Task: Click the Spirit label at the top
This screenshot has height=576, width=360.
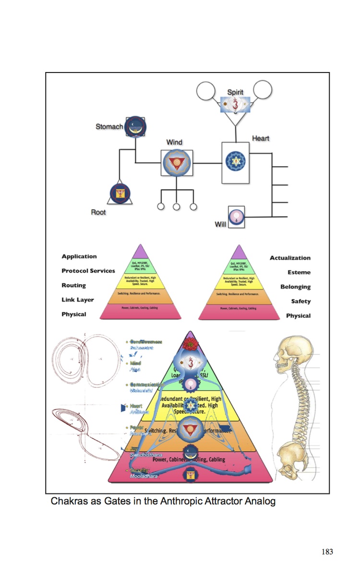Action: [235, 92]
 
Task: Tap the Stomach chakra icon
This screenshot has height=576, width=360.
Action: [135, 126]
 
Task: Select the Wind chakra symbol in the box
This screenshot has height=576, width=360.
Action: [177, 163]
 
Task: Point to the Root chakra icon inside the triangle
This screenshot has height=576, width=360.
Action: [120, 194]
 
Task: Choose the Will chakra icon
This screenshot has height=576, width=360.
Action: [236, 217]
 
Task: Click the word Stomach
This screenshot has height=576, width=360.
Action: [109, 127]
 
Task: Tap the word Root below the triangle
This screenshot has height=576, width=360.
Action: [98, 212]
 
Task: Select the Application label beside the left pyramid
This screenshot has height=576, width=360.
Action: [79, 257]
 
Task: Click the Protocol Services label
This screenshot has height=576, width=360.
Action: [88, 271]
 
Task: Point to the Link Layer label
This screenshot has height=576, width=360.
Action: [78, 300]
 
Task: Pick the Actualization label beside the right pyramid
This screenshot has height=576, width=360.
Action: [290, 258]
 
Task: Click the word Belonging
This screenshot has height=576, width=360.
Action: [295, 287]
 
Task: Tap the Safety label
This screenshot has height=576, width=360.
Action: [300, 301]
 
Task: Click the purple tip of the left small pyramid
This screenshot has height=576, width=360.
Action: [140, 252]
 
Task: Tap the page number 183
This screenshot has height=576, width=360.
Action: [327, 552]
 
